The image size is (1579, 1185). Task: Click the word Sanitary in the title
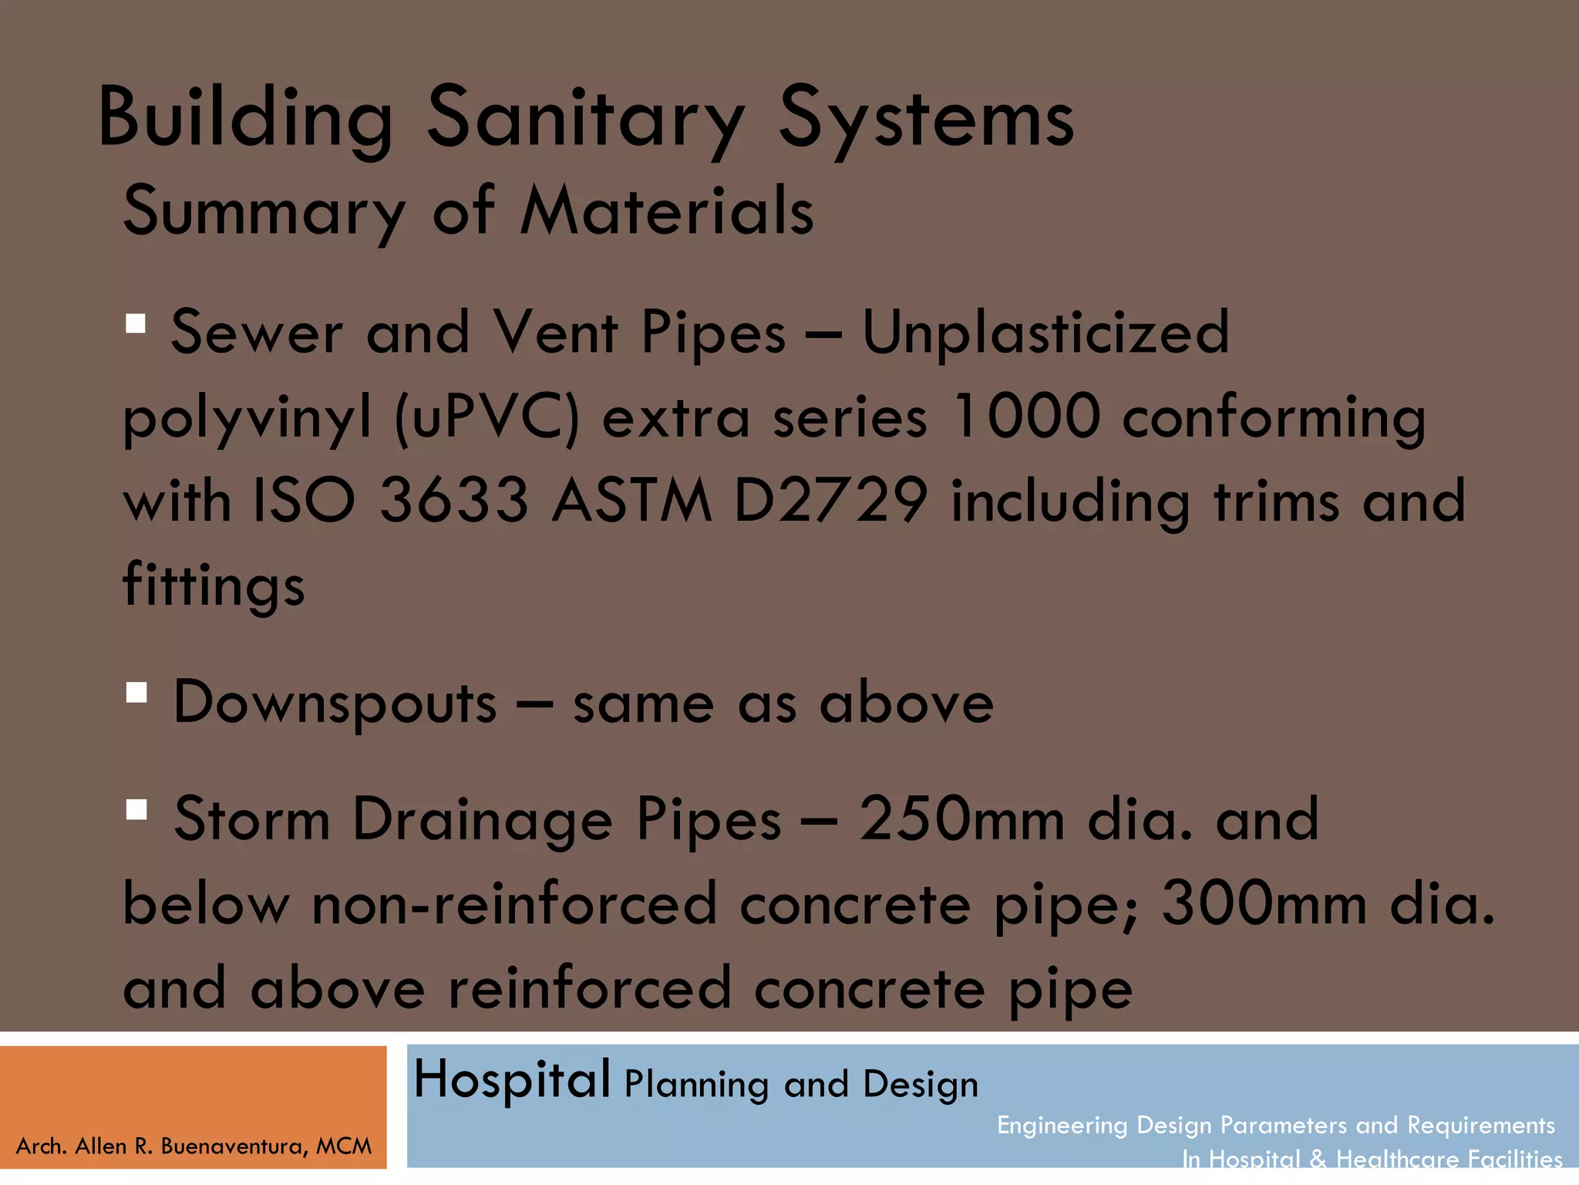point(586,118)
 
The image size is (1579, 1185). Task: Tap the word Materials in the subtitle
point(667,211)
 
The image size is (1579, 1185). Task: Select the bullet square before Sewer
point(136,323)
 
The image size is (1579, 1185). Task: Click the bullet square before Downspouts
point(136,693)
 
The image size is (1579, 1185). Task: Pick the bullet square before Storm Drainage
point(136,809)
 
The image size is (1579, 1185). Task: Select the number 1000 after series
point(1025,417)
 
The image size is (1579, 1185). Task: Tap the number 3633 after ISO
point(454,501)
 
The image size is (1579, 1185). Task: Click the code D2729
point(830,501)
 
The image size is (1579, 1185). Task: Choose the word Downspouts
point(335,703)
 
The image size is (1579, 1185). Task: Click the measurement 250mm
point(961,819)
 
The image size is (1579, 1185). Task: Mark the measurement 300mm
point(1264,903)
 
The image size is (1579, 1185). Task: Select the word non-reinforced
point(514,903)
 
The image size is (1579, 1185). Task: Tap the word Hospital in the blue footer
point(512,1079)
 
